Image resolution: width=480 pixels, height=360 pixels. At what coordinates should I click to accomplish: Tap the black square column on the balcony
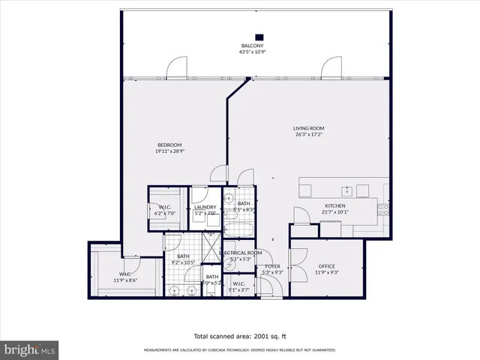pos(259,35)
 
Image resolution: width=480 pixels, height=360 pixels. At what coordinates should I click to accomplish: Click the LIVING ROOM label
pos(308,128)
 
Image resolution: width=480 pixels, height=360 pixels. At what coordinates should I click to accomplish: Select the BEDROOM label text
pos(169,145)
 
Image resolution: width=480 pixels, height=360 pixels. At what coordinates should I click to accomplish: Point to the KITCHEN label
pos(334,205)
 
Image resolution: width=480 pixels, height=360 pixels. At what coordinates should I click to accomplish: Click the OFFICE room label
pos(326,266)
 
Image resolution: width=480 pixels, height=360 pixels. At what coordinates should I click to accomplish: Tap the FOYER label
pos(273,266)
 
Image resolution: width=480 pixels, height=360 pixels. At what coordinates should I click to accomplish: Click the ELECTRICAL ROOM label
pos(241,253)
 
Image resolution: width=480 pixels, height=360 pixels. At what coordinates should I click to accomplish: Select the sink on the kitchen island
pos(346,190)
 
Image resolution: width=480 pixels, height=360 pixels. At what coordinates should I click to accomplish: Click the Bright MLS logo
pos(30,349)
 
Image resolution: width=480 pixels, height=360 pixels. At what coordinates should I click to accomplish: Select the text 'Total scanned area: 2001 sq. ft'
pos(239,336)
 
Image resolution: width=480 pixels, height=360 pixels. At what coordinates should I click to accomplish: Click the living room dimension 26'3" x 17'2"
pos(308,136)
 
